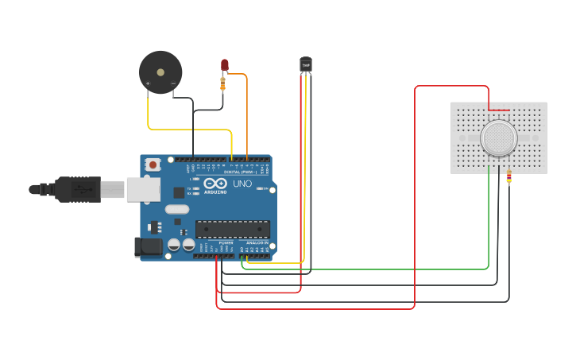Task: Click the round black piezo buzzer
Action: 160,72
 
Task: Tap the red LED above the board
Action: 224,64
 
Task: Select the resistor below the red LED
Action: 222,83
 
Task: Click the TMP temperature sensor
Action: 306,64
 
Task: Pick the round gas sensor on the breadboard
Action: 498,138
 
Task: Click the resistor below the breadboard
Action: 508,176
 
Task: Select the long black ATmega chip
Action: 232,229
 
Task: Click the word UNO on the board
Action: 242,184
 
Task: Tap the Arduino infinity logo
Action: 215,183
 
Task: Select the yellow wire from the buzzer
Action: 191,130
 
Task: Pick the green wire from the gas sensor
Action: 365,269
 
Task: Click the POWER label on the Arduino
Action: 215,242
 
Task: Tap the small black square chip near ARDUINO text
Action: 179,192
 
